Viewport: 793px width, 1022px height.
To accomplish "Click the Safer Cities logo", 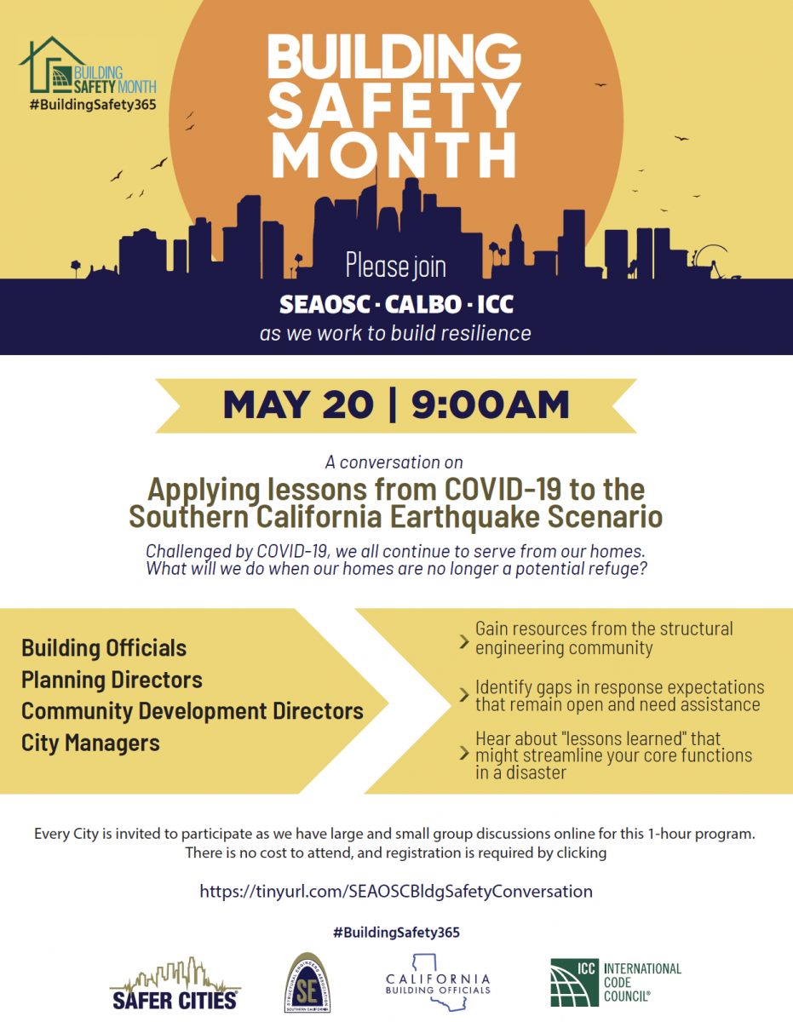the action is (175, 984).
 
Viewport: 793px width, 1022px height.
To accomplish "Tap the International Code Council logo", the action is (616, 982).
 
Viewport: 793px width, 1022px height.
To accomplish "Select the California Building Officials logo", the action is (438, 982).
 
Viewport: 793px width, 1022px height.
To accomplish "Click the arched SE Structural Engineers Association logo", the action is (307, 983).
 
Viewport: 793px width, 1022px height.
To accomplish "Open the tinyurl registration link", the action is (396, 891).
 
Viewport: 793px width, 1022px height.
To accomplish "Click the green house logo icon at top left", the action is (51, 65).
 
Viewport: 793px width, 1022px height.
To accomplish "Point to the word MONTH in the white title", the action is (394, 155).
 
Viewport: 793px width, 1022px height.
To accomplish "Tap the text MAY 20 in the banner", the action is (298, 405).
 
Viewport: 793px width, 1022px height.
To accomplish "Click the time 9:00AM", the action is (490, 405).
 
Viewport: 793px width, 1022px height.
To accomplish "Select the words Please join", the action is (395, 267).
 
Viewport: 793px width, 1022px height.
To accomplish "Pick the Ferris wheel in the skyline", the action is (714, 261).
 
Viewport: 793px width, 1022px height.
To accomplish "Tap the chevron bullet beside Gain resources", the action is (464, 641).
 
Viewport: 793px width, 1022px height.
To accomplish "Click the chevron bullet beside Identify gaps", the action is (464, 695).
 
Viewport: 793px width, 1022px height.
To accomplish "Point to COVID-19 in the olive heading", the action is (503, 490).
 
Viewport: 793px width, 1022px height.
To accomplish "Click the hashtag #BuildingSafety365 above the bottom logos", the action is (396, 933).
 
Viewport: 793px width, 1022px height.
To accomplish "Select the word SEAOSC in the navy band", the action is (325, 304).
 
